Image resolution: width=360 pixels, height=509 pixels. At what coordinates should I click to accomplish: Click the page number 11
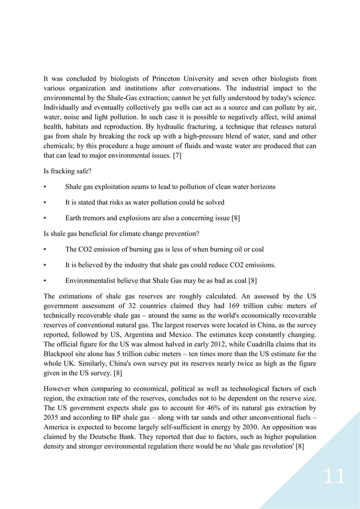coord(333,477)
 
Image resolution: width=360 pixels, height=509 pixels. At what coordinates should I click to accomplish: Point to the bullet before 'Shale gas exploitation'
coord(45,187)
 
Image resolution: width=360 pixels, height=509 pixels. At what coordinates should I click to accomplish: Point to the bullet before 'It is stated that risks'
coord(45,203)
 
